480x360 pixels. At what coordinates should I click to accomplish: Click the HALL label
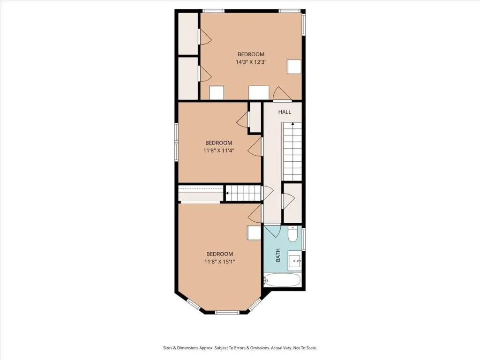tap(285, 112)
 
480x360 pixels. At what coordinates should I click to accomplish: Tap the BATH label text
tap(278, 255)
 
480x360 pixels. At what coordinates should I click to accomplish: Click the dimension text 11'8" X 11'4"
tap(218, 150)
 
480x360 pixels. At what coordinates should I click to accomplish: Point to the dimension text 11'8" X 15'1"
tap(219, 262)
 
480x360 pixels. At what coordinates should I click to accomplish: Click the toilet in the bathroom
tap(292, 234)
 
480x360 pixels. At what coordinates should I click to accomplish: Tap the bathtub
tap(282, 280)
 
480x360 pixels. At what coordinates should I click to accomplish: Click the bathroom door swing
tap(273, 232)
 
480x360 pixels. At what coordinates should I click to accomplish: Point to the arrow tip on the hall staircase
tap(292, 123)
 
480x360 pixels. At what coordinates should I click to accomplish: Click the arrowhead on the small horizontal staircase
tap(227, 193)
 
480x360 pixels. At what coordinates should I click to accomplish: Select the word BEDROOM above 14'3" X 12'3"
tap(251, 54)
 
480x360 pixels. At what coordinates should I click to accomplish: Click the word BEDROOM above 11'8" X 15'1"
tap(219, 254)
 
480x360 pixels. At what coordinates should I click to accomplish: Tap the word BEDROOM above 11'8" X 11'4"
tap(218, 143)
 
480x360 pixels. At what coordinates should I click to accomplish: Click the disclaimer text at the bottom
tap(240, 348)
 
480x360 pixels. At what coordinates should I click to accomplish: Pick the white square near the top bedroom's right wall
tap(294, 67)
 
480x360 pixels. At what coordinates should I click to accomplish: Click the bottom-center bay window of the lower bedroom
tap(227, 312)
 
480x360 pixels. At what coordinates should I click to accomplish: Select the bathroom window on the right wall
tap(304, 238)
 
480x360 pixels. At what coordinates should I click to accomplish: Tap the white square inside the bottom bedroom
tap(254, 233)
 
